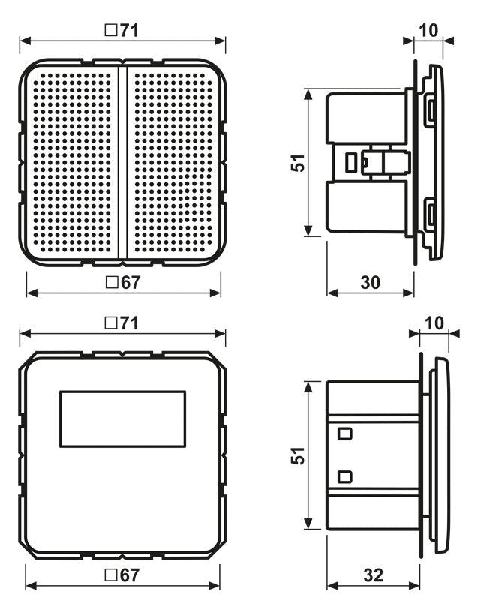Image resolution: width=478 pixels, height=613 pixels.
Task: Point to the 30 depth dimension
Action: (x=370, y=282)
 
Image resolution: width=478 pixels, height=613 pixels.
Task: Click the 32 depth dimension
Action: (x=373, y=575)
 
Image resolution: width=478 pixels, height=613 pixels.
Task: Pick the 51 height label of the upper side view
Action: (x=298, y=162)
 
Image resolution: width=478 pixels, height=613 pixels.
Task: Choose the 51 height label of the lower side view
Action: (x=298, y=455)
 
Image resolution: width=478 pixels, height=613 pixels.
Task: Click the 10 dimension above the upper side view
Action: (x=428, y=31)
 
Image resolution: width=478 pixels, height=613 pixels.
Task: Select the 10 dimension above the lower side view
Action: (x=434, y=323)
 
